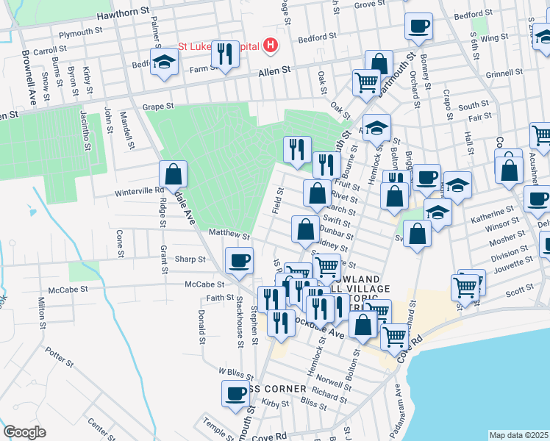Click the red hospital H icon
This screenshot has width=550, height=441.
271,46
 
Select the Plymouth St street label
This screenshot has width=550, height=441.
80,33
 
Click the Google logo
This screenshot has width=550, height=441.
24,432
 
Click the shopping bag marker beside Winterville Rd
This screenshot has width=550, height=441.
173,175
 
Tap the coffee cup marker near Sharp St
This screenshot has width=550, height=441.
239,260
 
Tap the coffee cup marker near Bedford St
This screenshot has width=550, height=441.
418,26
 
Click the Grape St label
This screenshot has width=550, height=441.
158,106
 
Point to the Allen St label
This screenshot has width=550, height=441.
275,71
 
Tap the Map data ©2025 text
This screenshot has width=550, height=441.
519,435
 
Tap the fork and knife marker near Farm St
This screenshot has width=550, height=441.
226,54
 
